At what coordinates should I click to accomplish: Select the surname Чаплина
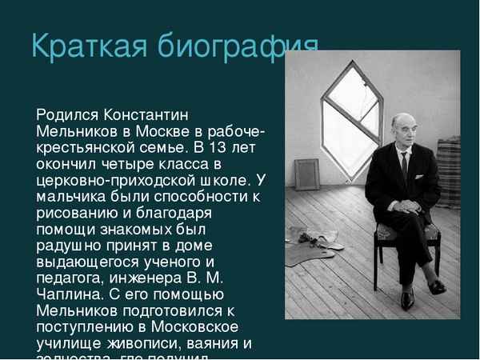(x=67, y=295)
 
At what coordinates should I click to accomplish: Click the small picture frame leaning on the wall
(x=307, y=174)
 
